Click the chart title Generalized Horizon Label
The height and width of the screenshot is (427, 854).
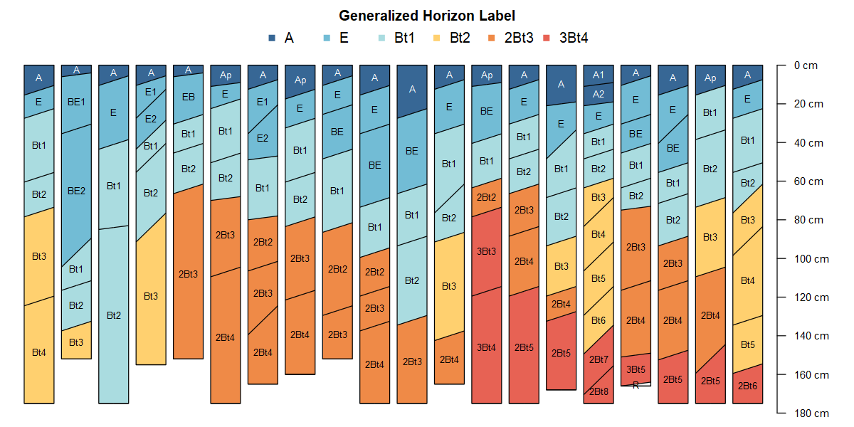click(x=426, y=15)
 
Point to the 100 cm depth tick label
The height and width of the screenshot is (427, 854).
click(x=811, y=258)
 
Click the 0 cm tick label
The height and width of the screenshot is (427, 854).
click(x=806, y=65)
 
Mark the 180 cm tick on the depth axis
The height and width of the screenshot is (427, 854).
click(x=811, y=413)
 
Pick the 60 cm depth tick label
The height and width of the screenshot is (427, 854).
click(x=808, y=181)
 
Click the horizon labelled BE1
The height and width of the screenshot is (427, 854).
click(x=76, y=102)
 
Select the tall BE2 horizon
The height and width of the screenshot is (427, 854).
click(x=76, y=191)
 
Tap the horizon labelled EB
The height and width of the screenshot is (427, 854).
click(x=189, y=97)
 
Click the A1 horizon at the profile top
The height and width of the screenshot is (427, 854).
click(x=599, y=75)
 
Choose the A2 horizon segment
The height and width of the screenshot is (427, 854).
click(x=599, y=94)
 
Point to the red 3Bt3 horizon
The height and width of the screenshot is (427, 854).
click(x=487, y=251)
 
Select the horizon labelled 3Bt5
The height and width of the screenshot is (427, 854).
click(x=636, y=369)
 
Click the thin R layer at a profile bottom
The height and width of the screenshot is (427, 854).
click(x=636, y=385)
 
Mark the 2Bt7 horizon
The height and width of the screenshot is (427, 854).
click(x=599, y=359)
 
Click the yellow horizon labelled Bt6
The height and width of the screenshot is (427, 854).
click(x=599, y=321)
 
